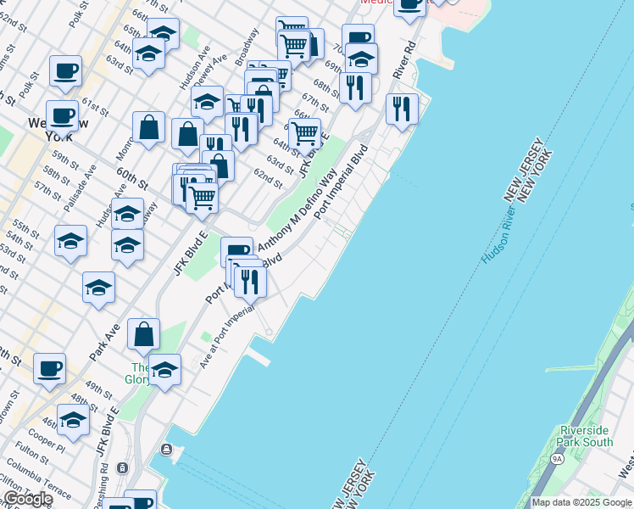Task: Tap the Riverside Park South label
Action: coord(586,436)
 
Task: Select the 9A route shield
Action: coord(557,459)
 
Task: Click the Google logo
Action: coord(28,499)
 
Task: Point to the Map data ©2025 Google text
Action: coord(581,502)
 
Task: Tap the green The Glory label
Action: coord(138,373)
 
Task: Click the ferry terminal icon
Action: coord(167,450)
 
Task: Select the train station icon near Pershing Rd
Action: coord(123,467)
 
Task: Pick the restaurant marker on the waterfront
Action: coord(401,109)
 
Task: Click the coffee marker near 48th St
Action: coord(49,369)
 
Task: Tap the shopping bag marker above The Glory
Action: coord(144,334)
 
